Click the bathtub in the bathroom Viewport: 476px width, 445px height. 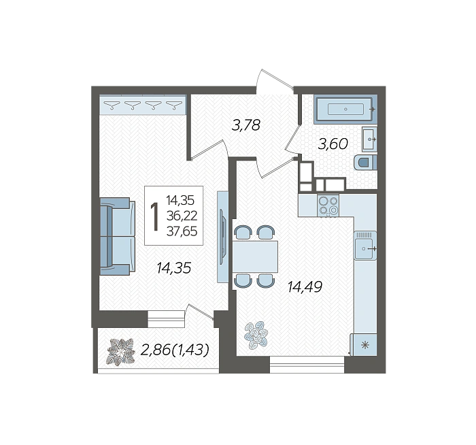point(345,109)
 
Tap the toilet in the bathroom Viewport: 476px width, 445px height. point(366,163)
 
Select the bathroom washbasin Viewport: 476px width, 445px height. point(369,139)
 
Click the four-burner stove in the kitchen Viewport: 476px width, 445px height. point(328,205)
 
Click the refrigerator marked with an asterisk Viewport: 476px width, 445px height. point(364,345)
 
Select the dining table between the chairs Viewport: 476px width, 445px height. point(255,257)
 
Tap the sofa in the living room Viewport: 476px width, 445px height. point(117,236)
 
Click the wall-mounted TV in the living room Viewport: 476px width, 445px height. point(223,237)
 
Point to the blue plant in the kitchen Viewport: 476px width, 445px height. point(256,335)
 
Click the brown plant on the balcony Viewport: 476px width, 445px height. point(120,352)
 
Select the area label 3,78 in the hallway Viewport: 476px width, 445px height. point(246,125)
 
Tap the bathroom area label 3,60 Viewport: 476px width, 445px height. point(333,144)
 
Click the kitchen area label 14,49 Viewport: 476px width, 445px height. point(305,286)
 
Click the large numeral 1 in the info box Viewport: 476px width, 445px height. point(155,216)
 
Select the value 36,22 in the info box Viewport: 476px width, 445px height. point(182,216)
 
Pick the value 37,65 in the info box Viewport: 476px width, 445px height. point(182,231)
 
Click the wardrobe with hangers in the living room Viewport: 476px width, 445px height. point(143,105)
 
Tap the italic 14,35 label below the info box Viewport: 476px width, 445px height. point(174,268)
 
